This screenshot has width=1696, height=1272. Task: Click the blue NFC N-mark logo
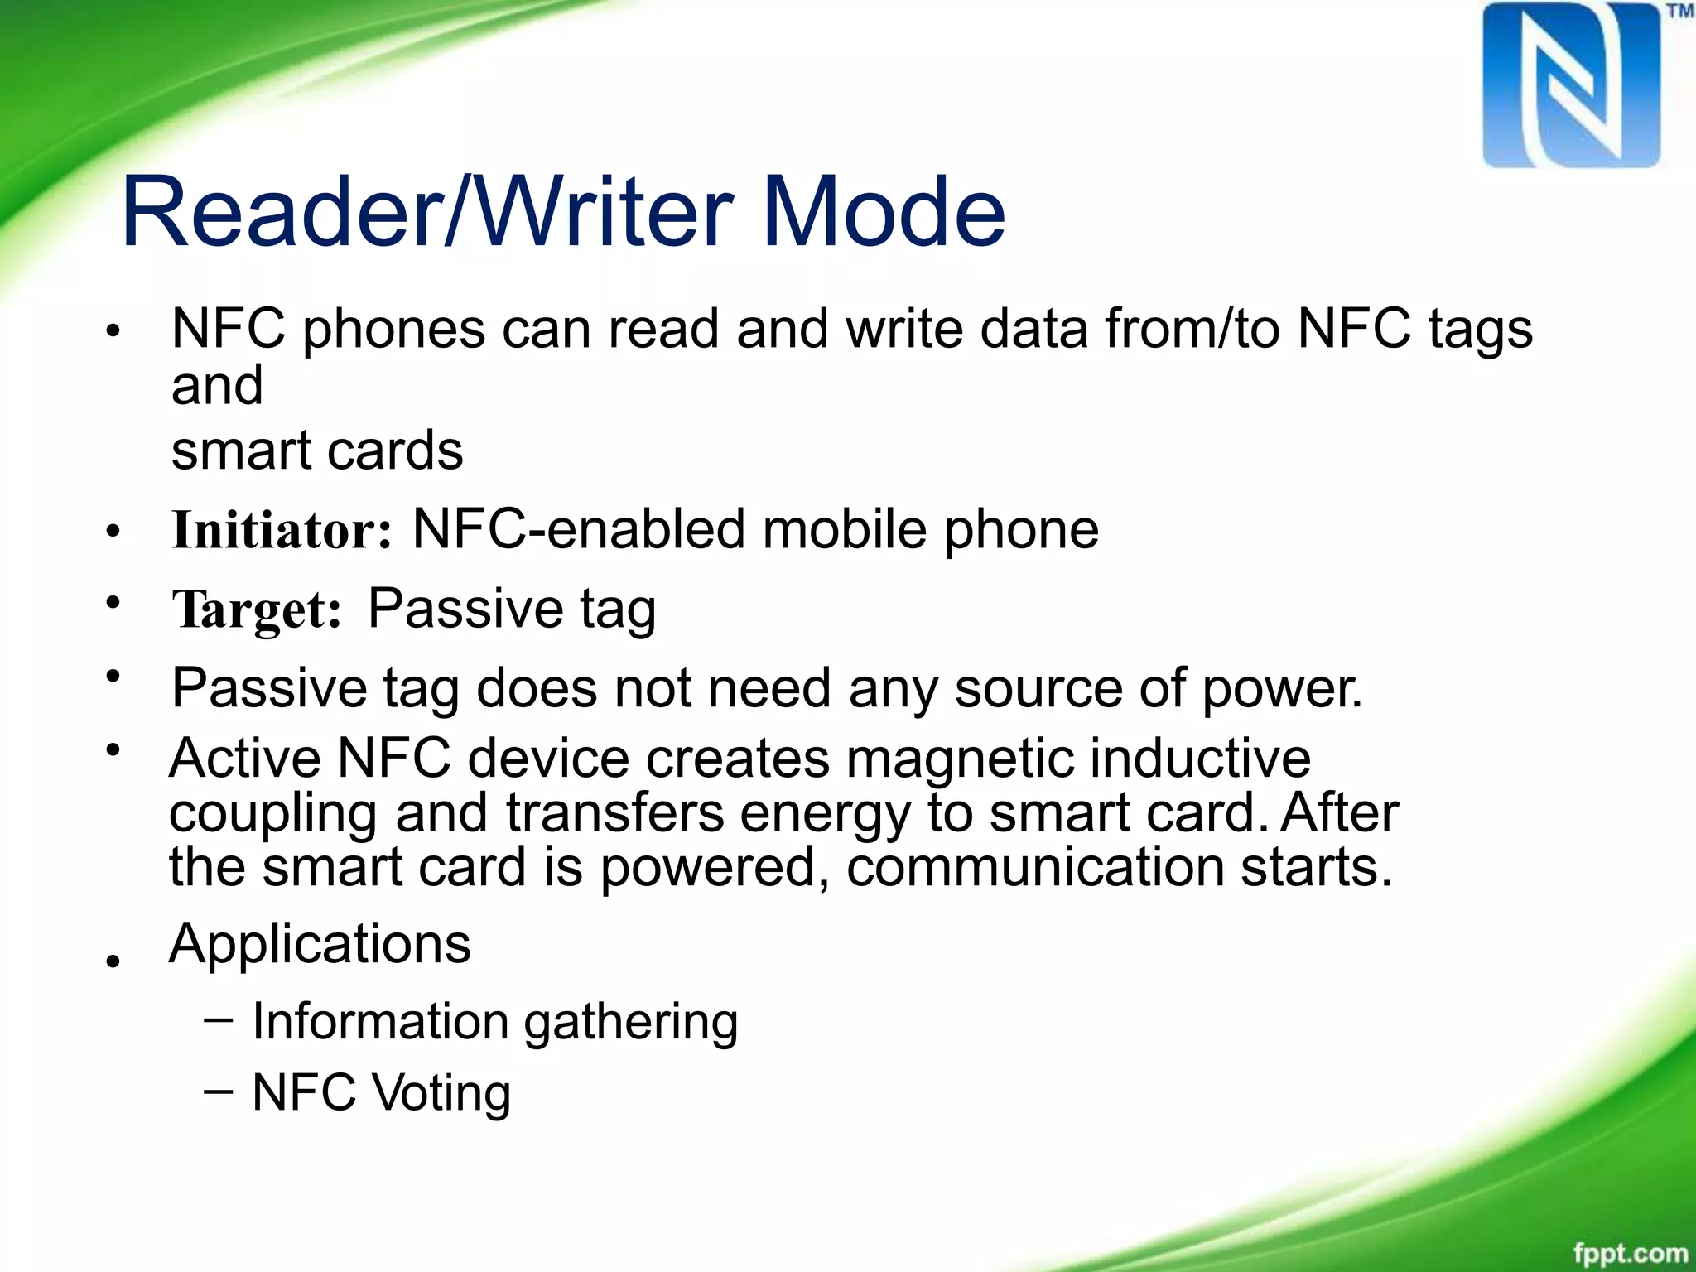click(1571, 86)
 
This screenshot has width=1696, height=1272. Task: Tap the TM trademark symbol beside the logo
click(1679, 12)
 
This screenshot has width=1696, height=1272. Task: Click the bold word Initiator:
click(282, 530)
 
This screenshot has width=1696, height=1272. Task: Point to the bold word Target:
click(257, 610)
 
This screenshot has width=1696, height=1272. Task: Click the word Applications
click(320, 944)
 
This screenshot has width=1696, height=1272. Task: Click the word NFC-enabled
click(578, 530)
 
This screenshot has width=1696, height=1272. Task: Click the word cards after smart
click(395, 451)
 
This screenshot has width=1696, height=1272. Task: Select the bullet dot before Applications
click(113, 961)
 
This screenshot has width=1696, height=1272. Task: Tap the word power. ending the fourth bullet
click(1282, 689)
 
